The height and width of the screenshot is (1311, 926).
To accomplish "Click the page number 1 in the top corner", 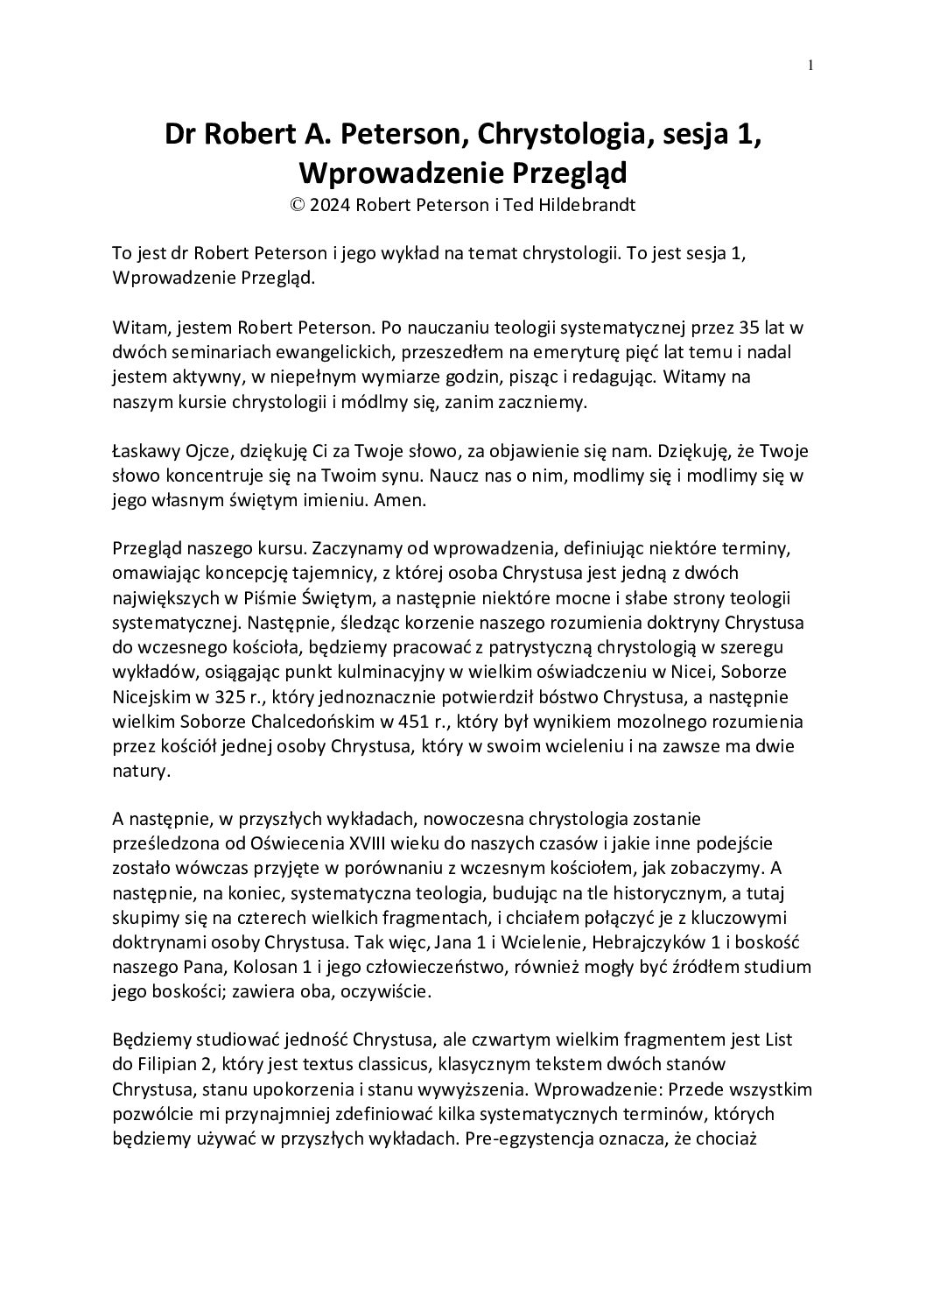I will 811,65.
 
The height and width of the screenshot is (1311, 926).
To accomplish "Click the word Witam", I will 137,328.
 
